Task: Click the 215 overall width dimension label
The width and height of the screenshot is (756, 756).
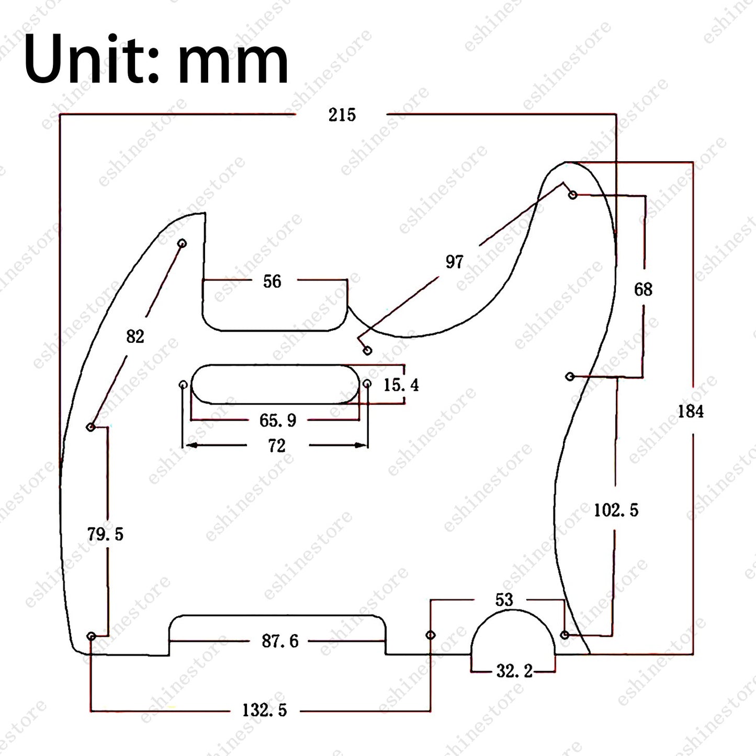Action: (342, 115)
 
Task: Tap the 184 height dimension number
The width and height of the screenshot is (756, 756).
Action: (691, 412)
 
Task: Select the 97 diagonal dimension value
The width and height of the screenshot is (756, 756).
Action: (454, 262)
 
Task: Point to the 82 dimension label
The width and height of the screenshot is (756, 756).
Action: (136, 336)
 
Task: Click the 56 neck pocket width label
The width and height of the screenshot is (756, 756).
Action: (272, 281)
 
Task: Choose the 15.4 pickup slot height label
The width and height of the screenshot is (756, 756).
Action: (401, 385)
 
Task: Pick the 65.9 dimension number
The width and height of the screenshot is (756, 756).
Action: (278, 420)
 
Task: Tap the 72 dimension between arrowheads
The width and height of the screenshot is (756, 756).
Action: (277, 446)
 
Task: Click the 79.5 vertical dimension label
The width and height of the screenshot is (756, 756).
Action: (105, 534)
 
